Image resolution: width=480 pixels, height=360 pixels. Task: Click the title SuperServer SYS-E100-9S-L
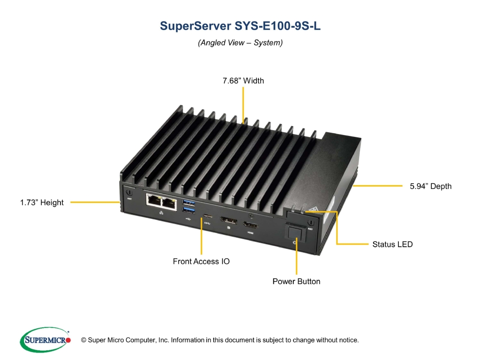tap(240, 26)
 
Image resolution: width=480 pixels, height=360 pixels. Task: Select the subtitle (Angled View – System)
tap(240, 43)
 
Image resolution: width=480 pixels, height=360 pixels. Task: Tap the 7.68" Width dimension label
tap(243, 81)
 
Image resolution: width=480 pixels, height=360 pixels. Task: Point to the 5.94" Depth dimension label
tap(430, 186)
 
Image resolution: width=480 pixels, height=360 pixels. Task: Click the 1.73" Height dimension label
tap(42, 202)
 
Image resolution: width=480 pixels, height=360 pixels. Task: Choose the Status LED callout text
tap(392, 244)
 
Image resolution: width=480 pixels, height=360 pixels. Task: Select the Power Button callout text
tap(296, 281)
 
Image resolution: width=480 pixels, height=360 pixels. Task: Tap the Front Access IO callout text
tap(201, 261)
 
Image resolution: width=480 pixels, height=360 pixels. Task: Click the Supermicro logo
tap(45, 339)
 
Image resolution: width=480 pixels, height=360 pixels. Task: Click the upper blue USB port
tap(188, 202)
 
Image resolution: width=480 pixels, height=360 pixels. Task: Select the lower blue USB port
tap(188, 210)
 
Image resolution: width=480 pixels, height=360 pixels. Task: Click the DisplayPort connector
tap(228, 220)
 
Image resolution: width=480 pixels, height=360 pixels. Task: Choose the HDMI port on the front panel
tap(250, 225)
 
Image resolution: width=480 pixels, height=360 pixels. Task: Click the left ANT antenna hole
tap(129, 193)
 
